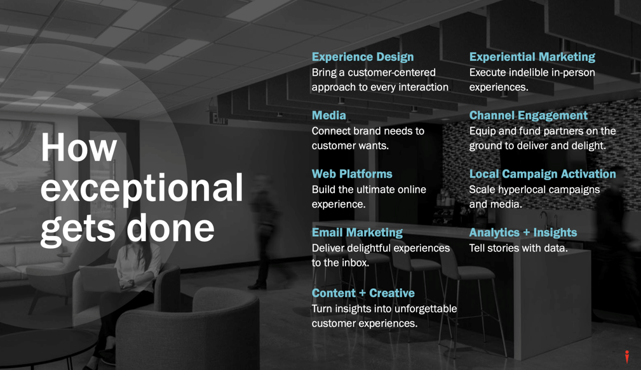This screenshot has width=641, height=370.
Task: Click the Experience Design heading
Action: [363, 57]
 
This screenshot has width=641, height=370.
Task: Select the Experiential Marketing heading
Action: [532, 57]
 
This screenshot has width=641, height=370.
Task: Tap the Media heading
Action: [328, 116]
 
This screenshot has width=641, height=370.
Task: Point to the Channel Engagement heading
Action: [528, 116]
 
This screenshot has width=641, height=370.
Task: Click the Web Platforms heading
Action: [351, 174]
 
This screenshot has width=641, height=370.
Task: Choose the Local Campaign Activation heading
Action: [543, 174]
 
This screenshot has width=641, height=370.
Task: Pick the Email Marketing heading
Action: [357, 233]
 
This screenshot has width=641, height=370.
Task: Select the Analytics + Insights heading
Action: [523, 233]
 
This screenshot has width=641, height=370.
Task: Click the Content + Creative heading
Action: [363, 293]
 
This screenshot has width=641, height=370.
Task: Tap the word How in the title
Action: [79, 147]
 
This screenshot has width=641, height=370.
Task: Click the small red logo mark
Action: [626, 356]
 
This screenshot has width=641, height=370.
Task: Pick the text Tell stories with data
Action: [518, 248]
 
